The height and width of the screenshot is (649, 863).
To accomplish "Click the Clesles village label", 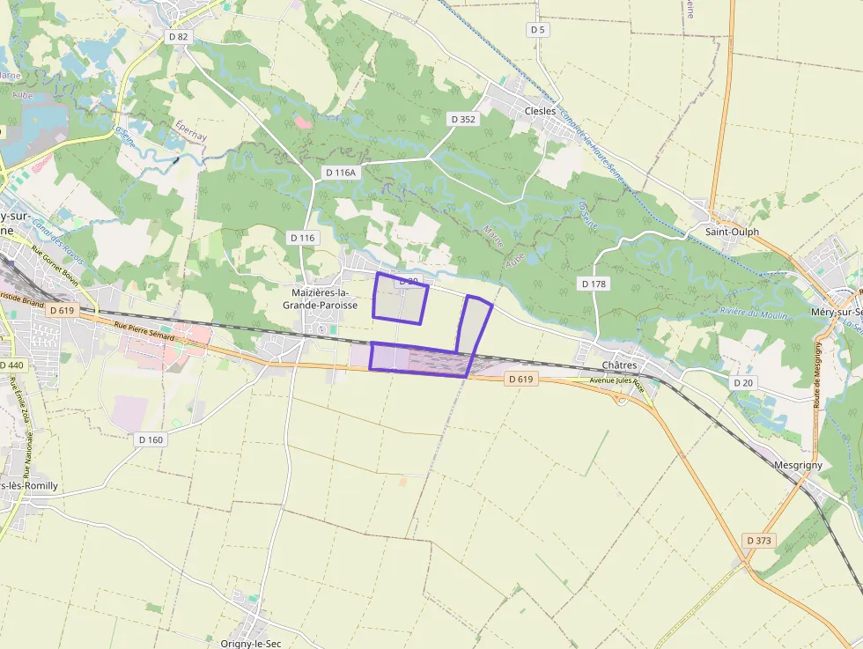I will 540,111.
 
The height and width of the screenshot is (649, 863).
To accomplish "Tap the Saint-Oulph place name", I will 732,232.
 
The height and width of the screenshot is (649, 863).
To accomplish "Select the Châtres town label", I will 619,365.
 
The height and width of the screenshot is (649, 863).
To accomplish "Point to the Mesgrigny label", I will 798,464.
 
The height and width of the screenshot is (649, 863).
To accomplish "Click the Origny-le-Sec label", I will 250,644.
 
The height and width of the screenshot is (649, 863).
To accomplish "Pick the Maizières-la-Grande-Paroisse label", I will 320,299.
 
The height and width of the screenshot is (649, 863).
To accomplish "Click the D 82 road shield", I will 179,36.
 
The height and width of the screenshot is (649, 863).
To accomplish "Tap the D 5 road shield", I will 538,29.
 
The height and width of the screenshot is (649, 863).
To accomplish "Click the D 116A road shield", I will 340,173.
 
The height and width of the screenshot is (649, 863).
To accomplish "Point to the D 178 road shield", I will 594,284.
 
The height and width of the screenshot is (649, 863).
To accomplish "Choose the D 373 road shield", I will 758,540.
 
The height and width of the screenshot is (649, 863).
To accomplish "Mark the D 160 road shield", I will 151,439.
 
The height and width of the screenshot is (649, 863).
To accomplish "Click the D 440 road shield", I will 11,365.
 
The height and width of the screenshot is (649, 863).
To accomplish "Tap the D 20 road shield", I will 744,382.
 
